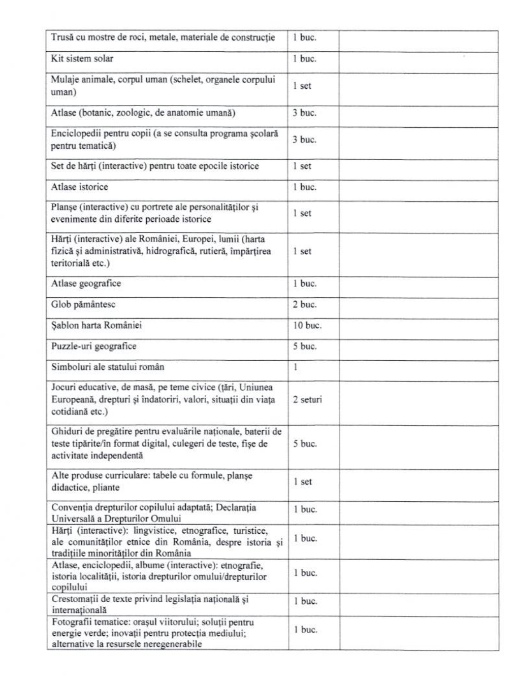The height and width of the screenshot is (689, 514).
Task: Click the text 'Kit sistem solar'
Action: (x=82, y=59)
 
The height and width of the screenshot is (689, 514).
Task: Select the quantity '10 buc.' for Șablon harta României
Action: (x=307, y=326)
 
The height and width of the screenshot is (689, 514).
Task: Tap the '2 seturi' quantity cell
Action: (x=307, y=400)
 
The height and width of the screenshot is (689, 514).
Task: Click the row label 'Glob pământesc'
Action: (x=83, y=305)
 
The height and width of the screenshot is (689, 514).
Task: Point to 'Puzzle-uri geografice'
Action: (x=93, y=347)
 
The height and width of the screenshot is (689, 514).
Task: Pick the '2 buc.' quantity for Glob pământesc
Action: (x=304, y=305)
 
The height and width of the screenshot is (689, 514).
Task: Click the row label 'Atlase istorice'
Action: (x=79, y=187)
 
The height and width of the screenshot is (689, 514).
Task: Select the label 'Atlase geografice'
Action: (x=86, y=284)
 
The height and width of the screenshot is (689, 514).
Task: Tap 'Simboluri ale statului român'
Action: (x=107, y=367)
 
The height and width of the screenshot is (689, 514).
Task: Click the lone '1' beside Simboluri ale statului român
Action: (x=295, y=367)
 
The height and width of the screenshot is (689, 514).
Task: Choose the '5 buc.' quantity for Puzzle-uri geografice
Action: (x=304, y=347)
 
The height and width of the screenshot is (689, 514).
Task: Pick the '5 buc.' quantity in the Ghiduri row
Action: (x=304, y=444)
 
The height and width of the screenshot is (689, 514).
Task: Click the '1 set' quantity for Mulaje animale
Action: (x=302, y=86)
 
